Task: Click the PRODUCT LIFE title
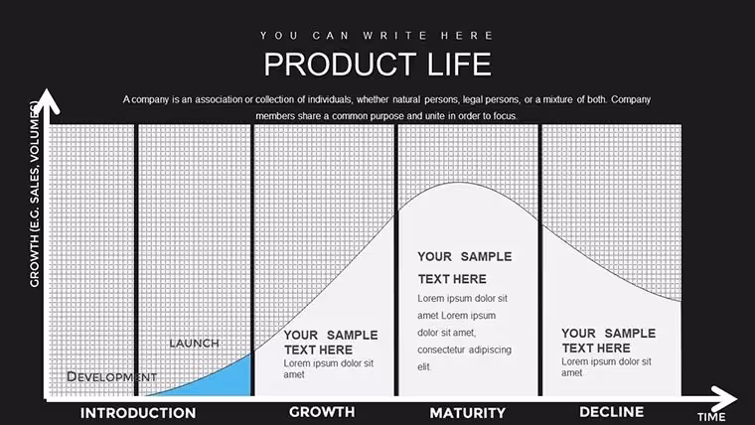377,64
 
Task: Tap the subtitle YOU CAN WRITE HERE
377,36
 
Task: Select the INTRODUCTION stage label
138,413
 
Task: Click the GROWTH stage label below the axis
322,412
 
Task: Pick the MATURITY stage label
468,413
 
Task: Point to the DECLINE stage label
612,412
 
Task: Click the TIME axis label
711,417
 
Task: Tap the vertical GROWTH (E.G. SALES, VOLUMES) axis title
34,195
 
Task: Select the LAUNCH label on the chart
194,344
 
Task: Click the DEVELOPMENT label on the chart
111,376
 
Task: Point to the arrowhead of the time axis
725,398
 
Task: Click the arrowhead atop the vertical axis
47,100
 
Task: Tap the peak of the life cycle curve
459,183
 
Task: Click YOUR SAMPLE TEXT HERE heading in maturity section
465,267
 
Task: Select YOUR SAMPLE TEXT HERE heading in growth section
331,343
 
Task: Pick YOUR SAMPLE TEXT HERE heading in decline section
609,341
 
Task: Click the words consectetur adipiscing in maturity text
464,350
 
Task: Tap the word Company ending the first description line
631,99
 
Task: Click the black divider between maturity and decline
539,260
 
